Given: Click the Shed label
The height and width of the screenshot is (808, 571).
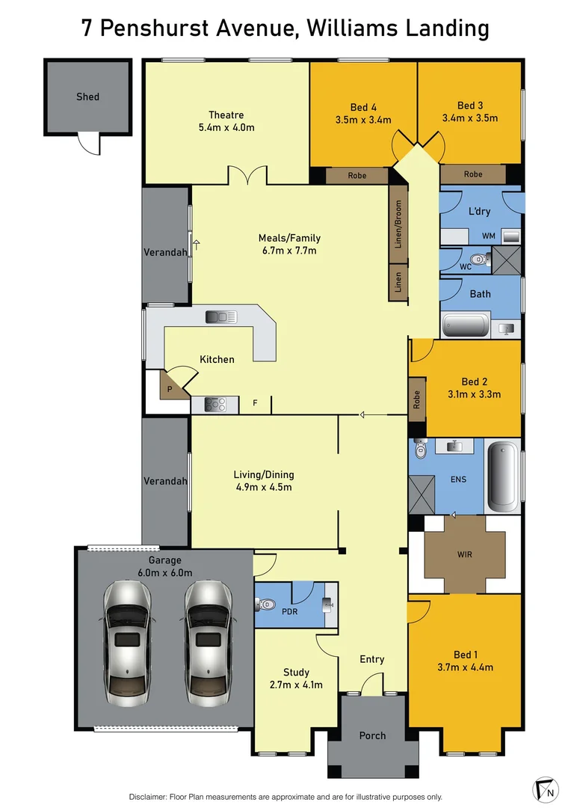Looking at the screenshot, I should pyautogui.click(x=87, y=97).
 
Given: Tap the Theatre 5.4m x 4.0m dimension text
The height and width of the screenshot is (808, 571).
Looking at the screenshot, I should pyautogui.click(x=226, y=127).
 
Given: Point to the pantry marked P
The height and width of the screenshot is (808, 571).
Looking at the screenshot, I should pyautogui.click(x=170, y=389).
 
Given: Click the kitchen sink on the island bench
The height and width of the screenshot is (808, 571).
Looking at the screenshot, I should pyautogui.click(x=221, y=317).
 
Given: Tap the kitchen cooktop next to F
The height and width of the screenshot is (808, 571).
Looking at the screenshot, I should pyautogui.click(x=216, y=405).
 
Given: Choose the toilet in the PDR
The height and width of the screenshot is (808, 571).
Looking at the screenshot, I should pyautogui.click(x=266, y=604).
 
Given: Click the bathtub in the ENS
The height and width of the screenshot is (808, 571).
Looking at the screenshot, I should pyautogui.click(x=503, y=477).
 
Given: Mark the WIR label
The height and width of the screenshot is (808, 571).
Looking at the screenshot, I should pyautogui.click(x=463, y=555).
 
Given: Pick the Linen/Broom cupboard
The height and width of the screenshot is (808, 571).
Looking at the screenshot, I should pyautogui.click(x=398, y=224).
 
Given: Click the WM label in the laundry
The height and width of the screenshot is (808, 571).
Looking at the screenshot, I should pyautogui.click(x=489, y=236).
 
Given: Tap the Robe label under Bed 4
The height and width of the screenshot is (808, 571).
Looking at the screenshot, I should pyautogui.click(x=357, y=176).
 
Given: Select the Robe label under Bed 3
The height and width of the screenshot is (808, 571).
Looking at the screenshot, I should pyautogui.click(x=473, y=174).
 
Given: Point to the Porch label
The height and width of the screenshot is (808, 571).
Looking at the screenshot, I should pyautogui.click(x=372, y=735).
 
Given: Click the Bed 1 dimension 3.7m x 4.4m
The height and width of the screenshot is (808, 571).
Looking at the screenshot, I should pyautogui.click(x=465, y=667).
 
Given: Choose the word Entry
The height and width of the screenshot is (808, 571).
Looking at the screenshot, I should pyautogui.click(x=371, y=659).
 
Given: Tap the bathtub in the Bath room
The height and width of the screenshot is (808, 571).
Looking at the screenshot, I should pyautogui.click(x=466, y=326).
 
